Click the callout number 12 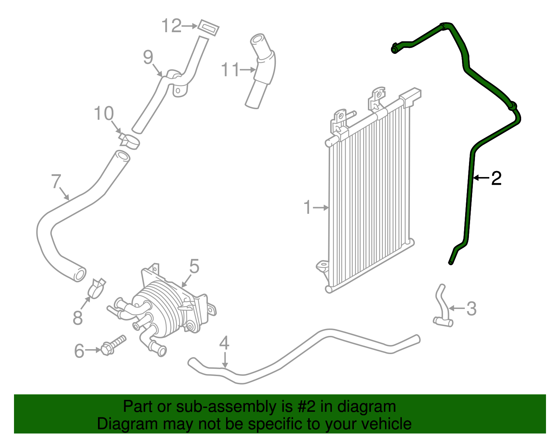171,26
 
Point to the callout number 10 104,113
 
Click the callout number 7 56,181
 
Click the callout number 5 194,267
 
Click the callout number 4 224,343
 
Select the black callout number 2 496,178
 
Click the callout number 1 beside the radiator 307,207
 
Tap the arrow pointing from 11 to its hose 248,70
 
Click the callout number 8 78,318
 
